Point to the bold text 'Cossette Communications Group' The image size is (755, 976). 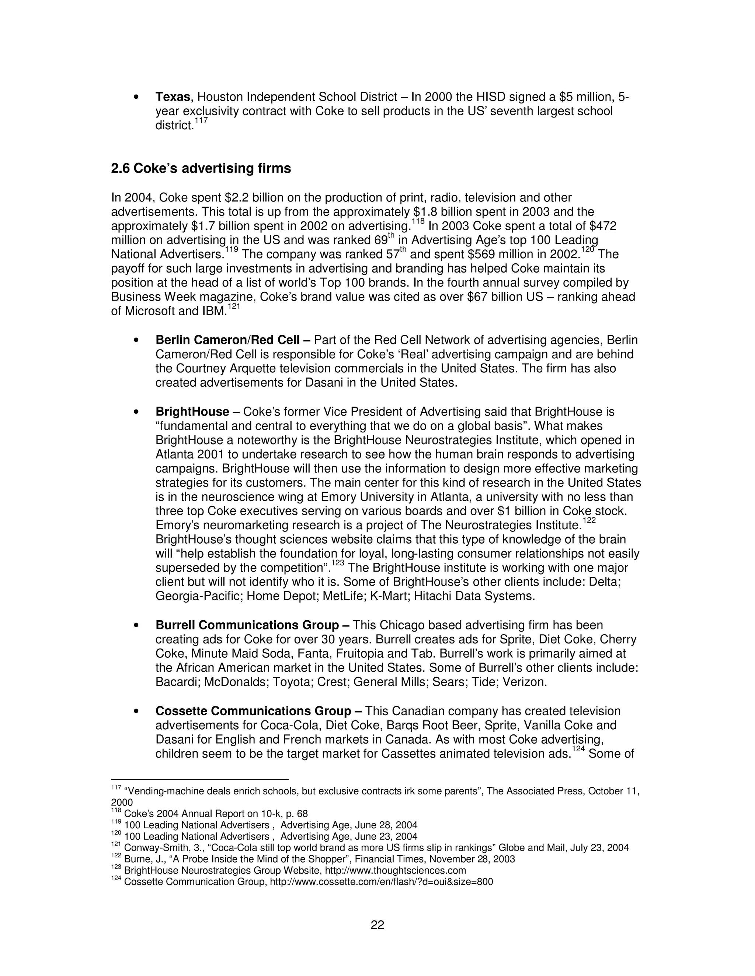click(x=253, y=710)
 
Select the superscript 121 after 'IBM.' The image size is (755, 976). click(x=233, y=306)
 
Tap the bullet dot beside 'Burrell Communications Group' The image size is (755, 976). click(x=135, y=626)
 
